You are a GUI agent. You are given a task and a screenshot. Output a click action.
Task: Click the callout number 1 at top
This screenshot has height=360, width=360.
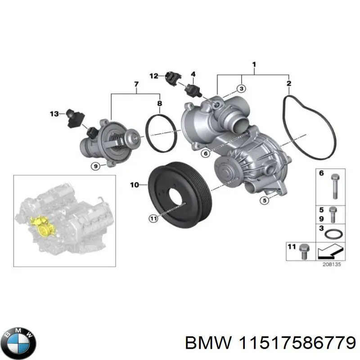coord(254,64)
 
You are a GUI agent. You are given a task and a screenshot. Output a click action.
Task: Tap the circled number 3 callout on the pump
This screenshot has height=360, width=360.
coord(241,89)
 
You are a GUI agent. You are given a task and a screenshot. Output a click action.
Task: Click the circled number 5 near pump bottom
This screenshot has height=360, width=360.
coord(265,200)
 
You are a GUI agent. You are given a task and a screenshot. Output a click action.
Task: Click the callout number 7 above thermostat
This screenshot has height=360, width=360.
coord(136,84)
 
